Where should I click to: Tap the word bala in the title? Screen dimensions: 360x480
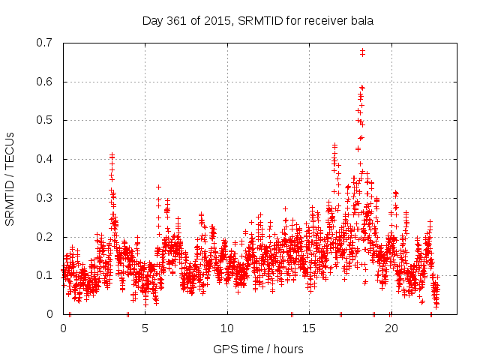[x=360, y=20]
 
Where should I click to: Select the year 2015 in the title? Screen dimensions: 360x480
[x=219, y=20]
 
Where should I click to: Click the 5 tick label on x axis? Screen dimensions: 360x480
[x=145, y=328]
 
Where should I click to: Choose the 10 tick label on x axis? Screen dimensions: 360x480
[x=227, y=328]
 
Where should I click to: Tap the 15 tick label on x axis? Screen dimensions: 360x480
[x=309, y=328]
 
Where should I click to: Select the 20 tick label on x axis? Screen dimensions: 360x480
[x=391, y=328]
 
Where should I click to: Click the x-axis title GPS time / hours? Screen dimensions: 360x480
[x=258, y=349]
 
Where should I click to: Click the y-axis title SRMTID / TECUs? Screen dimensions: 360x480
[x=10, y=178]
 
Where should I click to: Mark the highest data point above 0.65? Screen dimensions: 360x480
[x=363, y=51]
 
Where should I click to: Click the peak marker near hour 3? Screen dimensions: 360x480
[x=112, y=155]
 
